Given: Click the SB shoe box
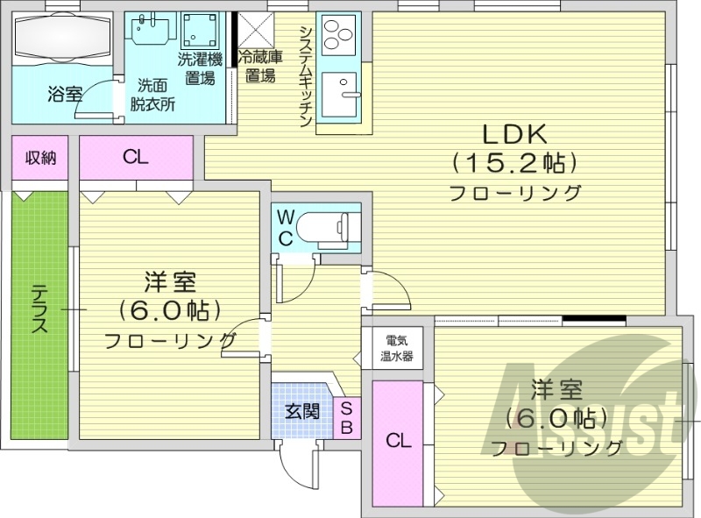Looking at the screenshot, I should [346, 417].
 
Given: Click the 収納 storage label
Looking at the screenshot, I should [40, 158].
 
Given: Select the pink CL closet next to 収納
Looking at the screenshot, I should [136, 158].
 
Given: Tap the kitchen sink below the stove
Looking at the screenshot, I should [339, 92].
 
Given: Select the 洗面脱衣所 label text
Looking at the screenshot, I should [152, 95].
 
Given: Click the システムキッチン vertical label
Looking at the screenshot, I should [306, 76].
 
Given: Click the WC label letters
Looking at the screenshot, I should [287, 227].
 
